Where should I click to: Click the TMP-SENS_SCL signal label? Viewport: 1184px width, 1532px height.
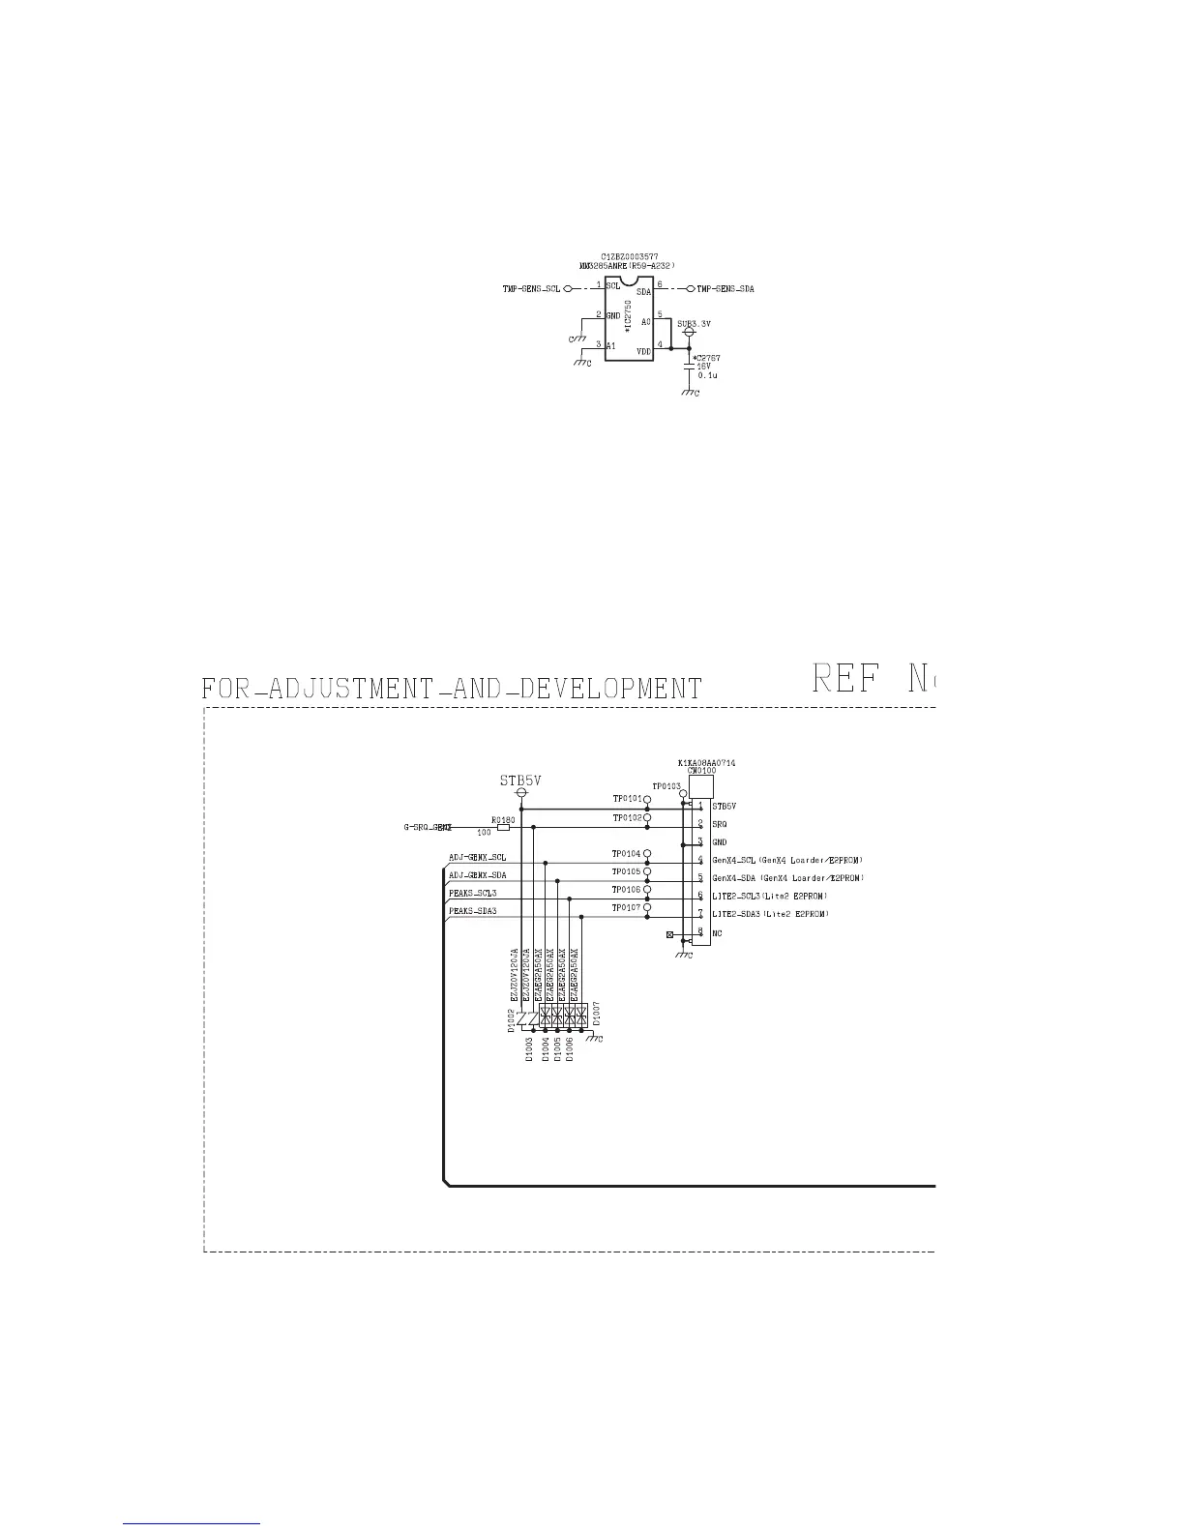click(x=530, y=288)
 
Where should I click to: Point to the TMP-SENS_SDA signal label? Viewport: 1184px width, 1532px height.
click(x=725, y=288)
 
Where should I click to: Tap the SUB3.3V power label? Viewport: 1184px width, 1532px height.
click(x=694, y=324)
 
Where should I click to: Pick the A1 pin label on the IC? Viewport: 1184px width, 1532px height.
click(x=611, y=345)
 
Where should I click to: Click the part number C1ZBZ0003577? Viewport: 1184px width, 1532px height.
click(x=629, y=256)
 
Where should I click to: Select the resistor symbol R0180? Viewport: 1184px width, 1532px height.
click(x=503, y=827)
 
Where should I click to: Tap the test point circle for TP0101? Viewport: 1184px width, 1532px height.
click(x=648, y=801)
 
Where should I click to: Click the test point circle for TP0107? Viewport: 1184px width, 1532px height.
click(x=648, y=908)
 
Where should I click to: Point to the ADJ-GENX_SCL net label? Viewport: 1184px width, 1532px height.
click(x=477, y=858)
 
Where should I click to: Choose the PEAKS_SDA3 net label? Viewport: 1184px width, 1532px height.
click(x=473, y=911)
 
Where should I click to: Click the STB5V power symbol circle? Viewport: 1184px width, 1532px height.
click(x=521, y=793)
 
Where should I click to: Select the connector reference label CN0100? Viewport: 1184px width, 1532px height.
click(x=701, y=771)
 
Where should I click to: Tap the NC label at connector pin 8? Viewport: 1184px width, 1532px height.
click(x=717, y=933)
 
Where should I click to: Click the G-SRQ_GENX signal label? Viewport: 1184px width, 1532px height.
click(x=428, y=828)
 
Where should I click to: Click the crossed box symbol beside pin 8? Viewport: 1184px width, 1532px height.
click(x=670, y=935)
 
